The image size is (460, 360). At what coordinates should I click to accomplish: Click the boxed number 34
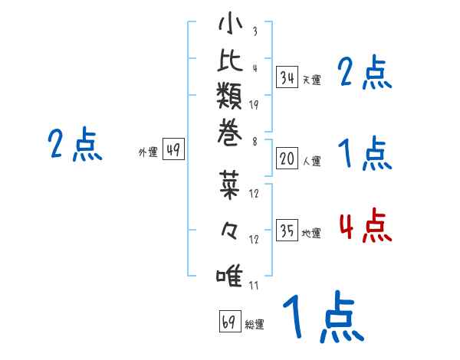(287, 77)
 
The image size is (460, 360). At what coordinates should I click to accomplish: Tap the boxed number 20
(287, 159)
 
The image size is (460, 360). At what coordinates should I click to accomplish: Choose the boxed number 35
(287, 231)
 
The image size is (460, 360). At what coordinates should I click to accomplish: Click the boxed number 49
(173, 150)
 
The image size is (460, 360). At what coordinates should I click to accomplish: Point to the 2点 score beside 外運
(75, 146)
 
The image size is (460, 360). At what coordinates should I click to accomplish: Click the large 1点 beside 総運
(322, 319)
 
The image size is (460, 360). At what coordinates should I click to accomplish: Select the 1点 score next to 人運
(365, 155)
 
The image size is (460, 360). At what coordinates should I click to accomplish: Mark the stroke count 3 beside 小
(255, 32)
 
